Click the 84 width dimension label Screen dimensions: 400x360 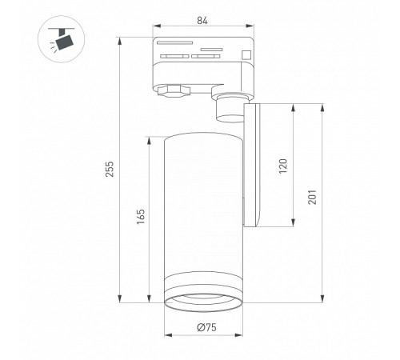pos(202,20)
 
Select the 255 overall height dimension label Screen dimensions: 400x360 pos(110,169)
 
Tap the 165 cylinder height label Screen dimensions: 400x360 pos(141,217)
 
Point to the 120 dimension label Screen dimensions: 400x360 pos(283,166)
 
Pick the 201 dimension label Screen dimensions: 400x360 pos(312,197)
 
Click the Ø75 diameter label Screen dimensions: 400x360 pos(206,327)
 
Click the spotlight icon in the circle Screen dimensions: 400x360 pos(62,39)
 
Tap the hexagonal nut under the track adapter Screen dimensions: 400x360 pos(174,91)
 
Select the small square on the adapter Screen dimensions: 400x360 pos(246,54)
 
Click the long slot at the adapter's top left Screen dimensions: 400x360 pos(174,42)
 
